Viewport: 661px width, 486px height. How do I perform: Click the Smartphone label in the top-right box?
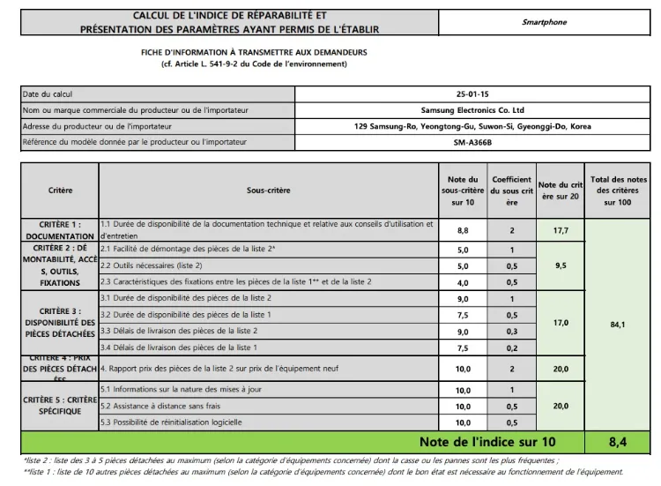tap(544, 22)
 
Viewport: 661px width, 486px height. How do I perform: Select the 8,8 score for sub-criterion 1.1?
tap(463, 230)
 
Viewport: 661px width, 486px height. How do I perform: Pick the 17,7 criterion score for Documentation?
tap(561, 230)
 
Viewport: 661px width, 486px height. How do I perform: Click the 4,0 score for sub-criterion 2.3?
tap(463, 282)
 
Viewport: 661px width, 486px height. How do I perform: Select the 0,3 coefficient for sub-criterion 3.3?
tap(511, 331)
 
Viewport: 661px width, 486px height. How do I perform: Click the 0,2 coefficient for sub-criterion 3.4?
tap(511, 348)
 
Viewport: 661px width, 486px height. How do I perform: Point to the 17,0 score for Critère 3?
tap(561, 323)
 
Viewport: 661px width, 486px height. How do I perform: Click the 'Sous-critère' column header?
tap(269, 191)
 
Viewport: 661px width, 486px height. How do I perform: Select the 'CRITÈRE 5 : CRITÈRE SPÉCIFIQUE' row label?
tap(60, 406)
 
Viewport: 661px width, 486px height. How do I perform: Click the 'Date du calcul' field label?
tap(48, 94)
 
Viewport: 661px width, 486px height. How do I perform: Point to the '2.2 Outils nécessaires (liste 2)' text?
tap(152, 265)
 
